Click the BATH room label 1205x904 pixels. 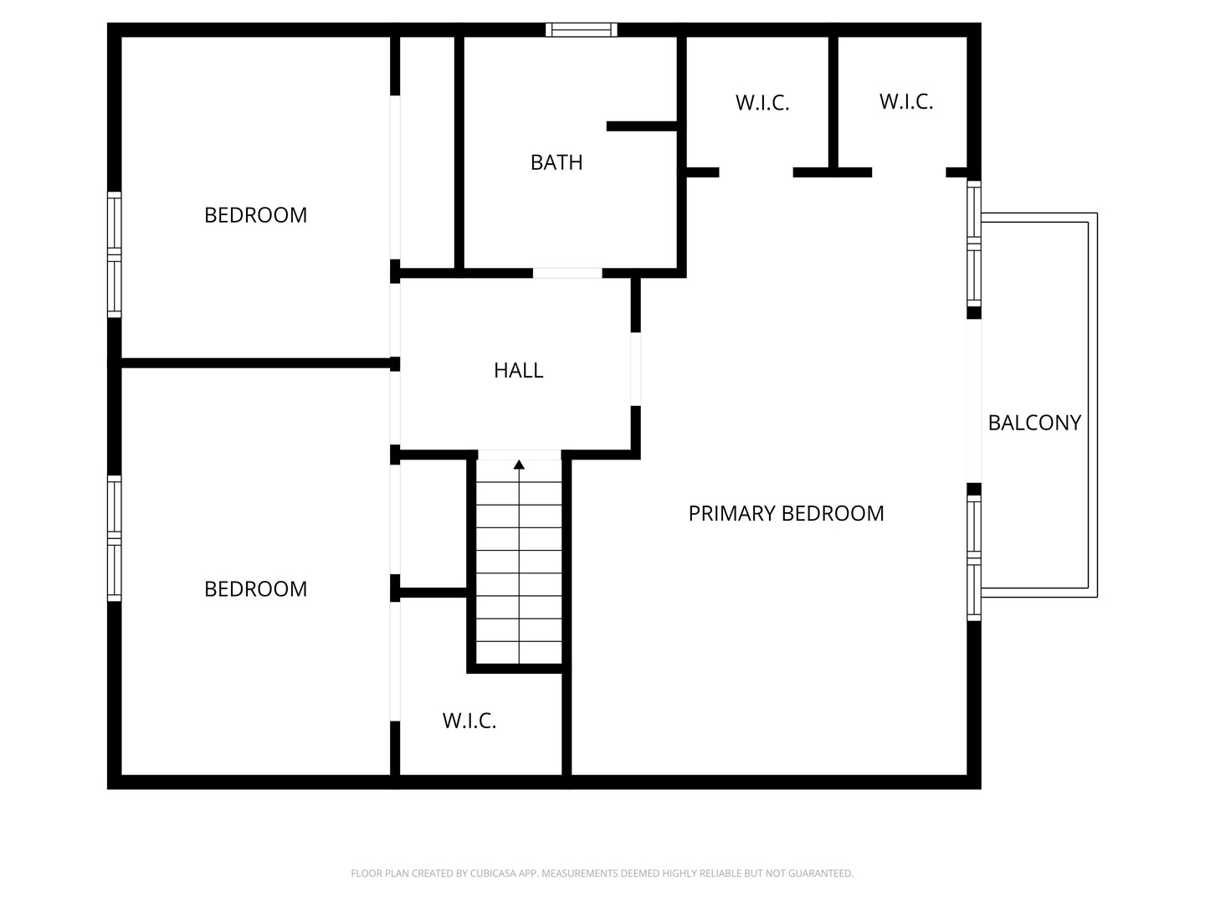556,162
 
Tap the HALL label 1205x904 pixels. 518,371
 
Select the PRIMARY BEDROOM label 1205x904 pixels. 786,514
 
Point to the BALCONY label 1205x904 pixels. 1034,423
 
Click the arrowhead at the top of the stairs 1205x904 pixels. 519,465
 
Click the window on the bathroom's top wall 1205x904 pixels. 581,29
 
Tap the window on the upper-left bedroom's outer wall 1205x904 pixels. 114,254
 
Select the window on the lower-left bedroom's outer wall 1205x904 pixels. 114,538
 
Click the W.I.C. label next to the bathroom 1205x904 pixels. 762,103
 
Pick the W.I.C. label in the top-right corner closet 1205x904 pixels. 905,102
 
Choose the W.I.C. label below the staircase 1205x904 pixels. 469,722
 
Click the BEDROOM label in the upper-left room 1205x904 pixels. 255,215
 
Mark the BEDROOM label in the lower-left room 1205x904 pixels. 255,589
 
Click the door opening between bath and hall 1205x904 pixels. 567,273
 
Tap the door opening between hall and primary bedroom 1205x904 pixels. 635,369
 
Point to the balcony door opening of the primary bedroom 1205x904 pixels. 974,401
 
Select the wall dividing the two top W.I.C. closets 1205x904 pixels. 833,102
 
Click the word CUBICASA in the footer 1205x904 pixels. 492,873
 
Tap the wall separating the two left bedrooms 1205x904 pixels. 255,363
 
